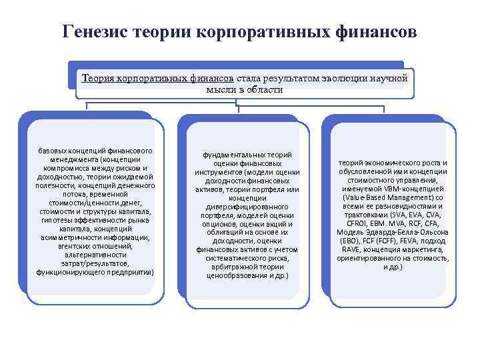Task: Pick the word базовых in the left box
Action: click(x=55, y=151)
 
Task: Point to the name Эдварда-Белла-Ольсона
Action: click(x=409, y=232)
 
